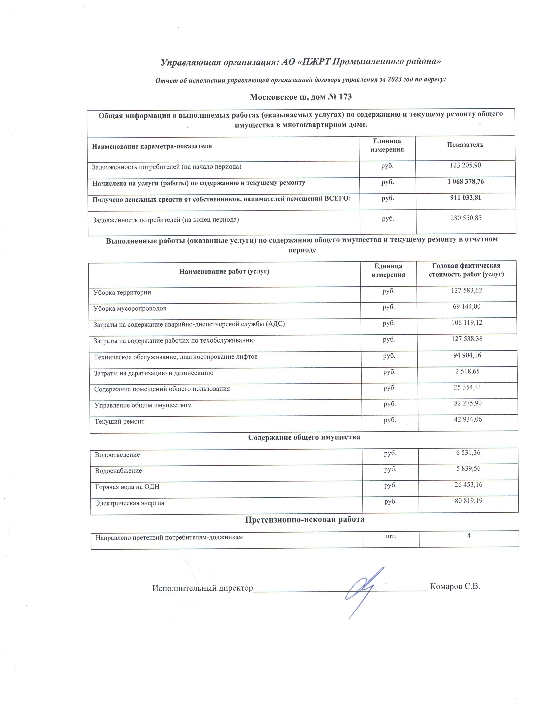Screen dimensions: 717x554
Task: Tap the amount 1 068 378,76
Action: pyautogui.click(x=465, y=182)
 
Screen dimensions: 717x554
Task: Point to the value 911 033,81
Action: pyautogui.click(x=465, y=198)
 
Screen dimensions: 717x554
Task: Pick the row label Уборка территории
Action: pyautogui.click(x=122, y=292)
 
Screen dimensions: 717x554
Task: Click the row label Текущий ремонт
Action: pyautogui.click(x=119, y=422)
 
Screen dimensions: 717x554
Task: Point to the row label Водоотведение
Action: pyautogui.click(x=117, y=455)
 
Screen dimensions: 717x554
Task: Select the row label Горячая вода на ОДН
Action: pyautogui.click(x=127, y=487)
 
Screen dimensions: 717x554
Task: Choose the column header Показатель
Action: pyautogui.click(x=465, y=145)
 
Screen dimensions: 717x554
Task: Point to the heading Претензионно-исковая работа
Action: pyautogui.click(x=305, y=519)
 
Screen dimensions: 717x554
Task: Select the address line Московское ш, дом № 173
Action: pyautogui.click(x=301, y=97)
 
